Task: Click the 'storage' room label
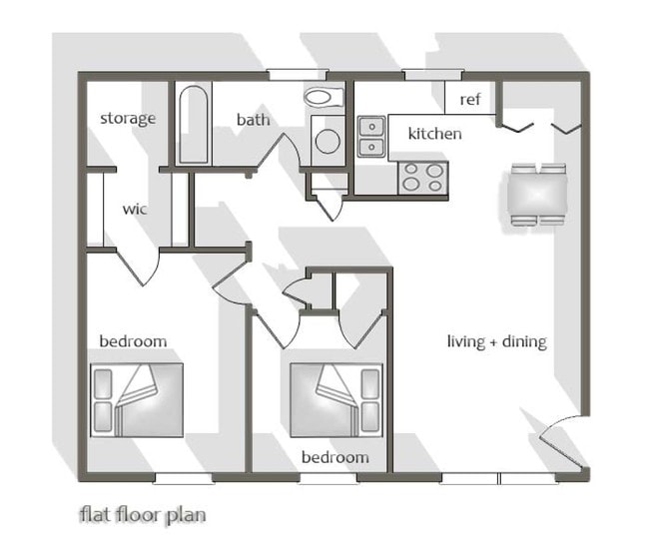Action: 128,119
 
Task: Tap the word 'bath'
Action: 254,120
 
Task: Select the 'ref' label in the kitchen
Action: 470,99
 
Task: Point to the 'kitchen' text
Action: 434,134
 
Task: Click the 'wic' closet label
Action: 135,209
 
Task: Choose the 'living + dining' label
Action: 497,342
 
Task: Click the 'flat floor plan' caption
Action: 143,515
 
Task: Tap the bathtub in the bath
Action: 194,124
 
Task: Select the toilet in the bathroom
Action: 324,98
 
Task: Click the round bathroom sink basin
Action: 327,141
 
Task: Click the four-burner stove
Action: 423,178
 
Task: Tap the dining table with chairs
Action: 537,195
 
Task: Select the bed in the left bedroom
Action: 137,400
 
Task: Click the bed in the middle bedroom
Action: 336,400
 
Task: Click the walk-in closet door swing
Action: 138,266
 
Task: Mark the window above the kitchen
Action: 432,75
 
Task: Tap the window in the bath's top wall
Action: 297,75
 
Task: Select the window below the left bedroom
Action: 183,478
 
